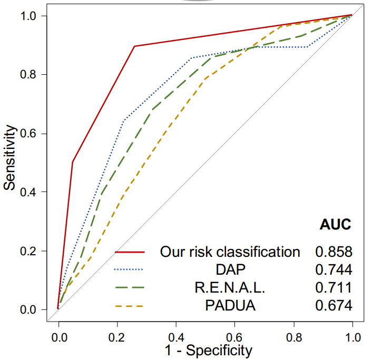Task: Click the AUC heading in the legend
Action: click(x=335, y=225)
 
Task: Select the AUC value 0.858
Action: click(x=334, y=252)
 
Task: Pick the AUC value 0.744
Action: click(x=334, y=269)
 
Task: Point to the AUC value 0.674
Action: click(x=334, y=305)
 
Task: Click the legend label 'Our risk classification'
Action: click(x=230, y=252)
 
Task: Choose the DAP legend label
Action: click(x=230, y=269)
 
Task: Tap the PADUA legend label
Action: click(x=230, y=305)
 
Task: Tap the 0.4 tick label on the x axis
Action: click(x=175, y=335)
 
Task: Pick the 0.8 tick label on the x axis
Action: click(x=293, y=335)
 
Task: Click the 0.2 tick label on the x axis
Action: click(x=117, y=335)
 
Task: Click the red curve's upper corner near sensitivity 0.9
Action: click(x=135, y=46)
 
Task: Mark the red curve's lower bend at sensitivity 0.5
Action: click(x=73, y=162)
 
